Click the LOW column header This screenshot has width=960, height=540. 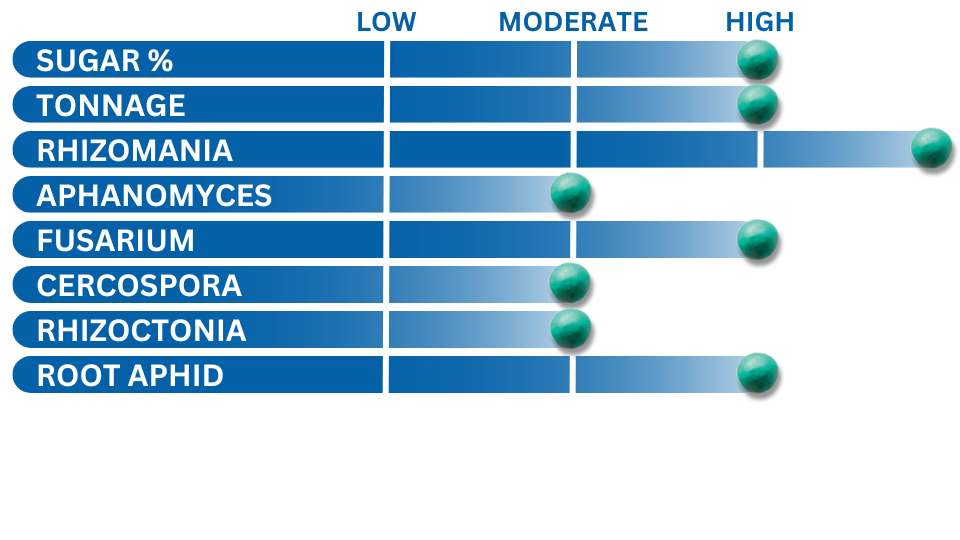pyautogui.click(x=386, y=22)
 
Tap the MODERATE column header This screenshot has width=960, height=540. pyautogui.click(x=573, y=22)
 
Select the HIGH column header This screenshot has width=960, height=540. pyautogui.click(x=760, y=22)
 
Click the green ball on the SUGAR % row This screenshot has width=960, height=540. pyautogui.click(x=757, y=59)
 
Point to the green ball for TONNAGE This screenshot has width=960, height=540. pyautogui.click(x=757, y=105)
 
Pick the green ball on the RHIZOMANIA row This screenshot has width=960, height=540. pyautogui.click(x=931, y=148)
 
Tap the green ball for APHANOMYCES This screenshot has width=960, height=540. pyautogui.click(x=571, y=193)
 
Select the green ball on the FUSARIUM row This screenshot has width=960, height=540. pyautogui.click(x=757, y=239)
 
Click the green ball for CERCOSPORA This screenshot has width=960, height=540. pyautogui.click(x=569, y=283)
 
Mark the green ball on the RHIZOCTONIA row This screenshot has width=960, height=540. pyautogui.click(x=571, y=329)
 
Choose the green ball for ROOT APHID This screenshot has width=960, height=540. pyautogui.click(x=757, y=373)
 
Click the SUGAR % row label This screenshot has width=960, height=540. pyautogui.click(x=105, y=61)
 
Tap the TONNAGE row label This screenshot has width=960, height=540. pyautogui.click(x=111, y=105)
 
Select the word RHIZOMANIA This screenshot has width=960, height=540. pyautogui.click(x=135, y=151)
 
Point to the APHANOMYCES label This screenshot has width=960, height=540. pyautogui.click(x=154, y=196)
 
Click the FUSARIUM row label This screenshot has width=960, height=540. pyautogui.click(x=116, y=241)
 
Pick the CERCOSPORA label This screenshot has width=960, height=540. pyautogui.click(x=139, y=286)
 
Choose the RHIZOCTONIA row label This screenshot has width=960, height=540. pyautogui.click(x=141, y=331)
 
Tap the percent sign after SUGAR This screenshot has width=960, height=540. pyautogui.click(x=160, y=61)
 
